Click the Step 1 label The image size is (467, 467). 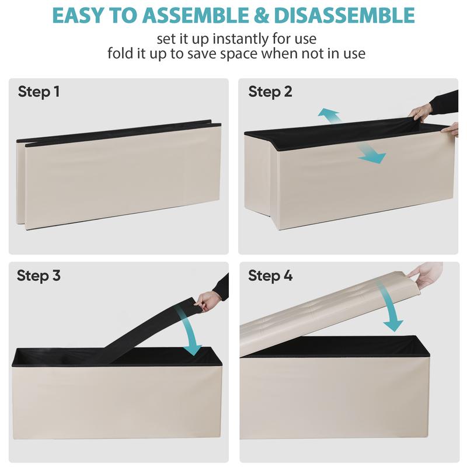click(x=39, y=92)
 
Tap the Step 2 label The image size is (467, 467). click(x=270, y=92)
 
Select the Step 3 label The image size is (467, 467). click(x=39, y=276)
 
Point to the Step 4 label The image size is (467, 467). click(x=270, y=276)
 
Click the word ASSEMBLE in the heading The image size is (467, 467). click(x=195, y=15)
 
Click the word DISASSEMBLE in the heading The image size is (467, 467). click(x=344, y=15)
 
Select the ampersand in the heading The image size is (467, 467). click(x=261, y=15)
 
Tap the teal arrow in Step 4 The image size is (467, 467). click(x=389, y=307)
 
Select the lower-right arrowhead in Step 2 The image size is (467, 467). click(x=372, y=156)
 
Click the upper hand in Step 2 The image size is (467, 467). click(x=420, y=113)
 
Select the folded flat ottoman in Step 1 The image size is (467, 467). click(x=119, y=175)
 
